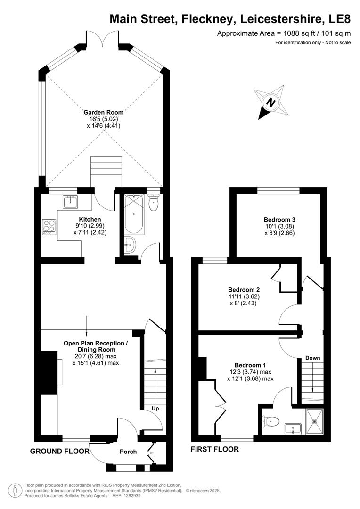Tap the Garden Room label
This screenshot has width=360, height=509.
pos(104,112)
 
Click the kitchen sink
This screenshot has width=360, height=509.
pos(70,202)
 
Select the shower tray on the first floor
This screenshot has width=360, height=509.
pos(314,420)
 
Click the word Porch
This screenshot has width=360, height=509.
pos(128,452)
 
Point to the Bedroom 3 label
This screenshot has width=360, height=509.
pos(279,220)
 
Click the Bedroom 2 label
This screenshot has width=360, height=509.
pos(244,289)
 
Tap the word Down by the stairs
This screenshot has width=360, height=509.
pos(312,358)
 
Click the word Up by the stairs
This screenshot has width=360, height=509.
pos(155,409)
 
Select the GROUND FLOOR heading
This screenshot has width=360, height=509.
pos(60,451)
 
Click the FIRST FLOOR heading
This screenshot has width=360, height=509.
pos(214,449)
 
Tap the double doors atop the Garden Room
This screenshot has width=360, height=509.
pos(102,39)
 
